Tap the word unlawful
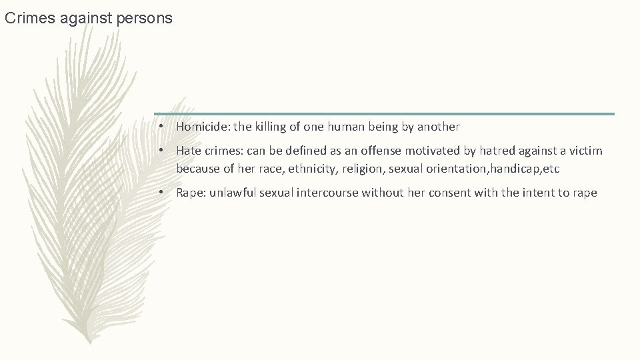coord(234,193)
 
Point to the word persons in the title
coord(145,19)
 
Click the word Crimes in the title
coord(30,19)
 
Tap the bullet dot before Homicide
coord(161,127)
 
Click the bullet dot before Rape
coord(161,193)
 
